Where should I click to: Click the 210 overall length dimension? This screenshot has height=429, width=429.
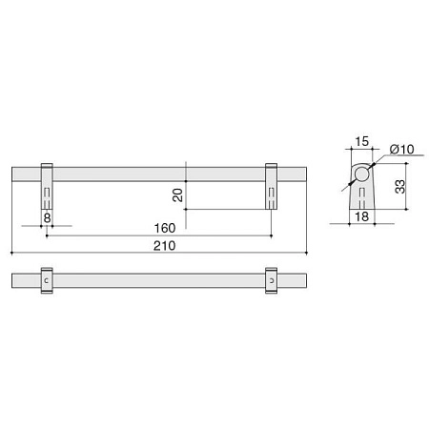point(164,246)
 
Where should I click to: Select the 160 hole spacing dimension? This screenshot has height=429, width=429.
point(164,228)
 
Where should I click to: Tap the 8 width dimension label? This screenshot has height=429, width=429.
point(47,218)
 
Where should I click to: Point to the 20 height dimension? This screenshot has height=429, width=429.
point(177,194)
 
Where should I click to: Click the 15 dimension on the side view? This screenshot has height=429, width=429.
point(361,141)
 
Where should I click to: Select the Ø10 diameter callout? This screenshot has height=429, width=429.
point(402,149)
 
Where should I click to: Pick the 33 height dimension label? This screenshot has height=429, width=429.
point(400,187)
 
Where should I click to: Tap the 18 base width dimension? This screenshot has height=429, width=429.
point(361,216)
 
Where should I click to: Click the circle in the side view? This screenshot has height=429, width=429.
point(361,174)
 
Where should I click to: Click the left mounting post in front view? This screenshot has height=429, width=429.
point(47,186)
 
